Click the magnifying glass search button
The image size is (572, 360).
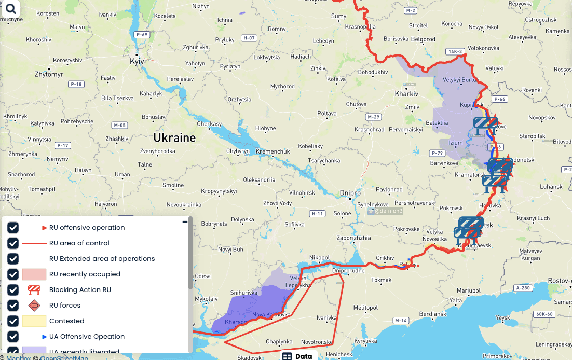pos(10,9)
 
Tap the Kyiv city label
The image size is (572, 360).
pos(137,61)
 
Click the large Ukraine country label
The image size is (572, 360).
pos(174,138)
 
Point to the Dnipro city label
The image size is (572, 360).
pos(350,193)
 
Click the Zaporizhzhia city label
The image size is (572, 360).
pos(354,238)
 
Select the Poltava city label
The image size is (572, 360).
pos(327,113)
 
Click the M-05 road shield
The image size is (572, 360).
pos(119,126)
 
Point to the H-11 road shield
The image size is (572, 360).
pos(317,214)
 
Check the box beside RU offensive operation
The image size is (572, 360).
pos(13,228)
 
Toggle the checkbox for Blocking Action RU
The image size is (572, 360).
pos(13,290)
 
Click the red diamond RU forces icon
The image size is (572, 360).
pos(34,306)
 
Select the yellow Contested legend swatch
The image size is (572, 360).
pos(34,321)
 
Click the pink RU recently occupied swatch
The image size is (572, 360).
pos(34,274)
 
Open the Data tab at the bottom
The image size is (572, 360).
pos(298,356)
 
